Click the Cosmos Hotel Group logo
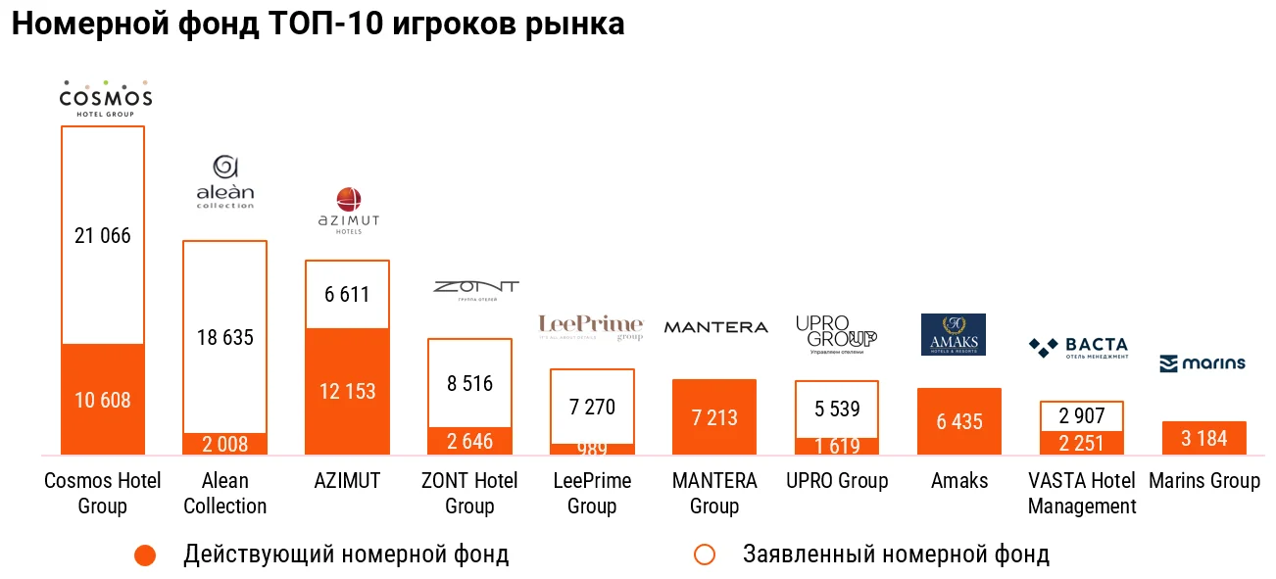(x=105, y=98)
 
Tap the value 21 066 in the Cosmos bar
(x=103, y=236)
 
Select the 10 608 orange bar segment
(x=103, y=400)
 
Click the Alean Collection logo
(x=224, y=182)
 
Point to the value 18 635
(x=224, y=338)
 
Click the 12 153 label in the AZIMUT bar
(x=347, y=392)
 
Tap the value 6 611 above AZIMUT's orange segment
(x=347, y=294)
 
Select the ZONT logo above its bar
(x=475, y=289)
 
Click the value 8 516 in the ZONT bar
(x=469, y=384)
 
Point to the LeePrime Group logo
(x=591, y=326)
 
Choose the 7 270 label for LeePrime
(x=592, y=407)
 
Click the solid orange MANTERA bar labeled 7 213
(x=714, y=417)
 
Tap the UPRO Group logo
(x=836, y=333)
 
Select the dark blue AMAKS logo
(x=954, y=334)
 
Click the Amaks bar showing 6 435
(x=958, y=421)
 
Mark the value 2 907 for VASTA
(x=1081, y=415)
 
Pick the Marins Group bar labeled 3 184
(x=1203, y=438)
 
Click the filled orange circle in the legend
(x=145, y=555)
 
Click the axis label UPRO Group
(x=837, y=481)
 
